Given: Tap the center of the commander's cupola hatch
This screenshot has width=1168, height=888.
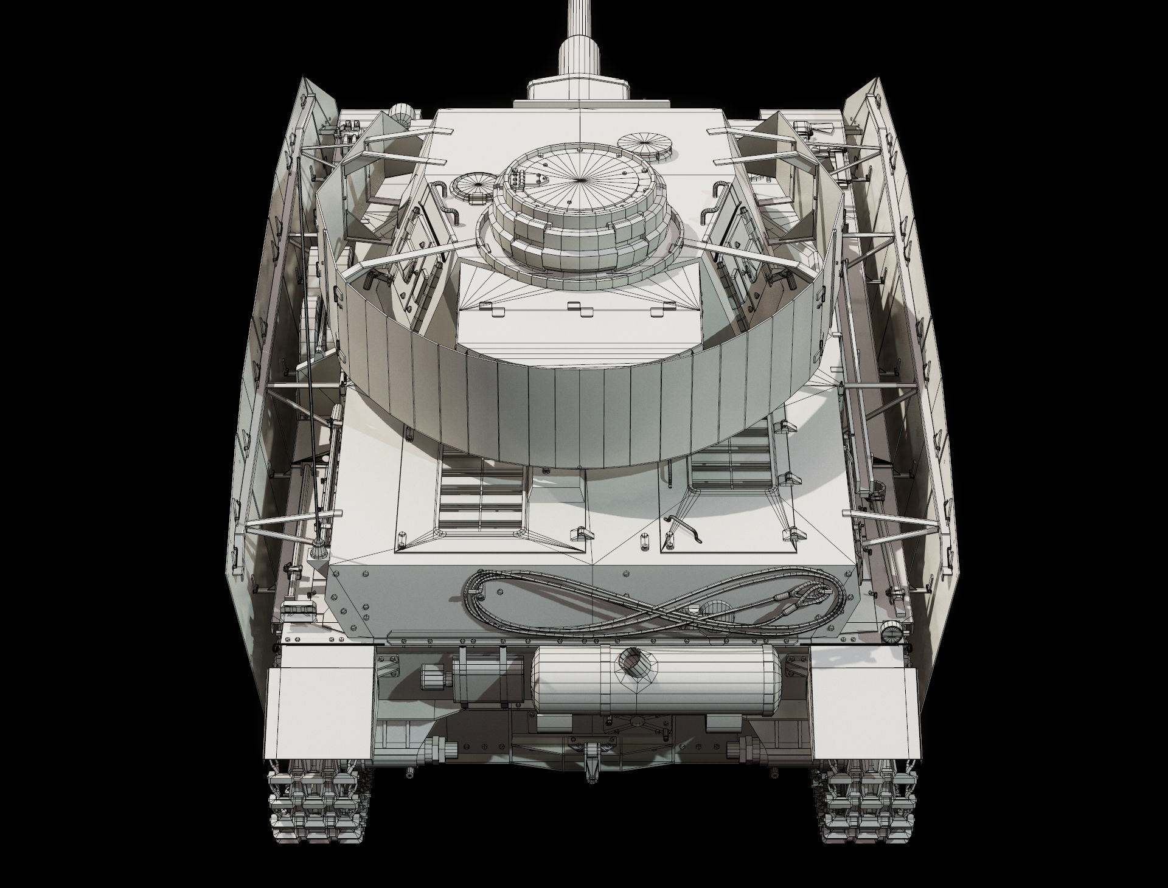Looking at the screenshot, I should point(580,180).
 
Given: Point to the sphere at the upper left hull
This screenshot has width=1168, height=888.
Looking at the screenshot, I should point(401,114).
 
